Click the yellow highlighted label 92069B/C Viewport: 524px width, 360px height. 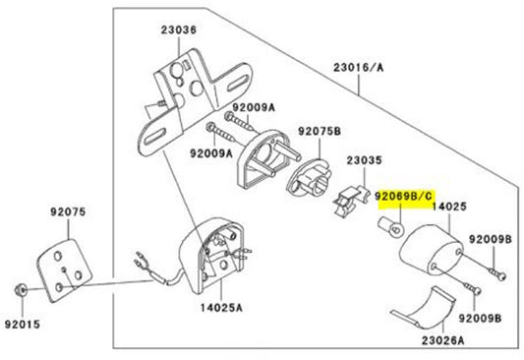tap(403, 197)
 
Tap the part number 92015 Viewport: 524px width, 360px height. tap(19, 320)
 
